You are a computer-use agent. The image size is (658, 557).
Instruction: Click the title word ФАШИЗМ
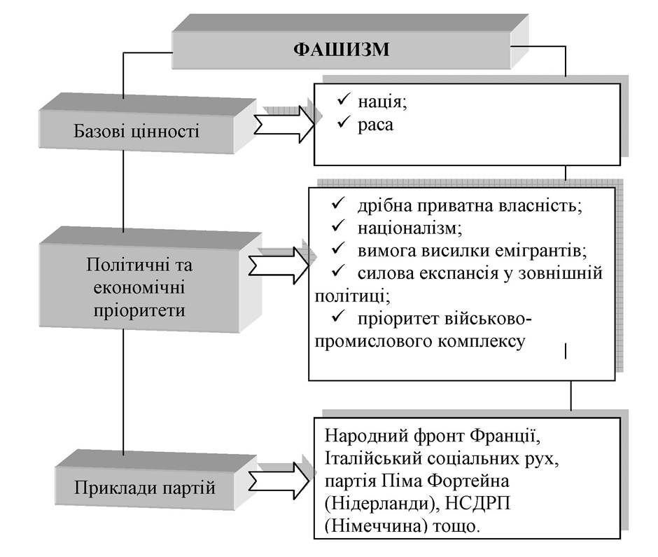click(341, 49)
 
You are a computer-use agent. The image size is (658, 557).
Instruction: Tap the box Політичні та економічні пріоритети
click(150, 280)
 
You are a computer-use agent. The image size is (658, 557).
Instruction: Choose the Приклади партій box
click(155, 480)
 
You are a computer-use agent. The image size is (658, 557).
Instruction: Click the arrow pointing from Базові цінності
click(284, 124)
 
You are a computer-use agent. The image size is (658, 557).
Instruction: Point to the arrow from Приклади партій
click(279, 481)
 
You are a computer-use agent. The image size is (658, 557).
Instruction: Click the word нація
click(382, 102)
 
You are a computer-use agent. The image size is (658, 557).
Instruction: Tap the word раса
click(376, 125)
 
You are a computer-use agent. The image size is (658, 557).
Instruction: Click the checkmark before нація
click(343, 100)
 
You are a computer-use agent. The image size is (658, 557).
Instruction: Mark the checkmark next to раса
click(343, 123)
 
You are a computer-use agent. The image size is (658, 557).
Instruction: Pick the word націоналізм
click(409, 228)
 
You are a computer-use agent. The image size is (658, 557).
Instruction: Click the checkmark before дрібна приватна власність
click(338, 204)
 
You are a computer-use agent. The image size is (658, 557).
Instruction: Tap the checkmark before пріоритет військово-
click(338, 317)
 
